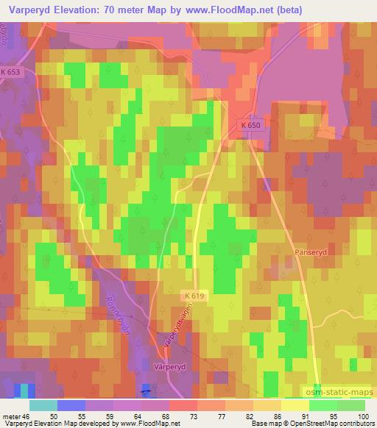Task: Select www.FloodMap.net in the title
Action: (x=225, y=10)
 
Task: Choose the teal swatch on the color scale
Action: (x=43, y=404)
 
